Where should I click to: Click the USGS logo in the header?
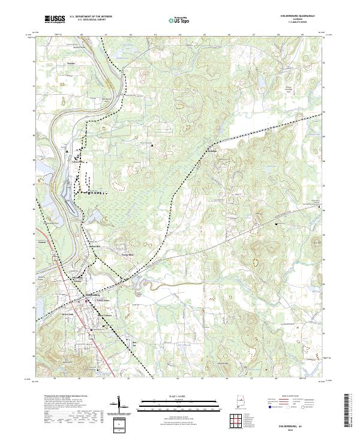(x=56, y=19)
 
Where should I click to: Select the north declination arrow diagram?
(x=121, y=406)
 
